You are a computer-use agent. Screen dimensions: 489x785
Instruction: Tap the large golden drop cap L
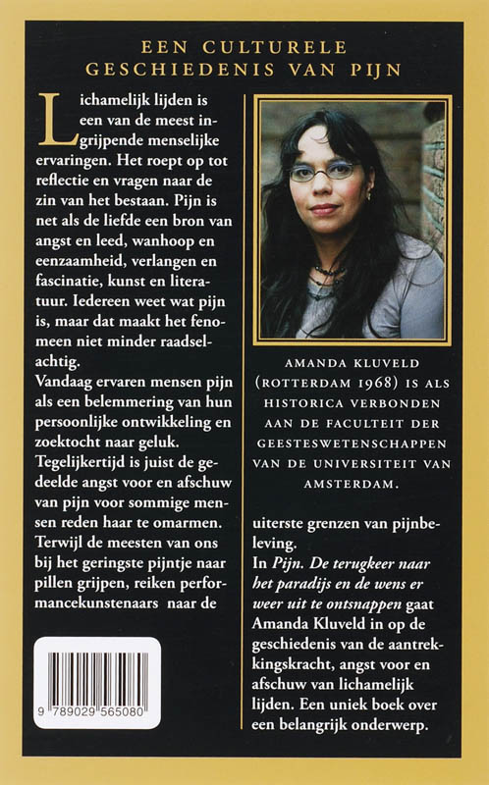50,115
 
